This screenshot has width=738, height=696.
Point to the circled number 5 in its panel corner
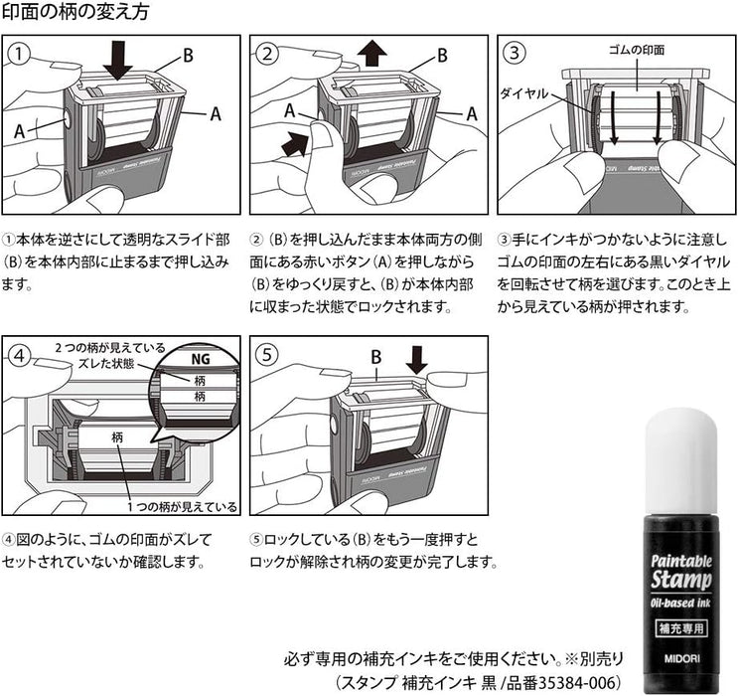[268, 353]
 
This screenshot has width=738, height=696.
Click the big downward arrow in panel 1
[118, 58]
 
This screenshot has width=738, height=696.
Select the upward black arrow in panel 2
[371, 53]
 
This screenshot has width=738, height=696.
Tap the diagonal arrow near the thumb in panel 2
[295, 145]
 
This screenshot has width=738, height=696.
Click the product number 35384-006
[574, 682]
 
